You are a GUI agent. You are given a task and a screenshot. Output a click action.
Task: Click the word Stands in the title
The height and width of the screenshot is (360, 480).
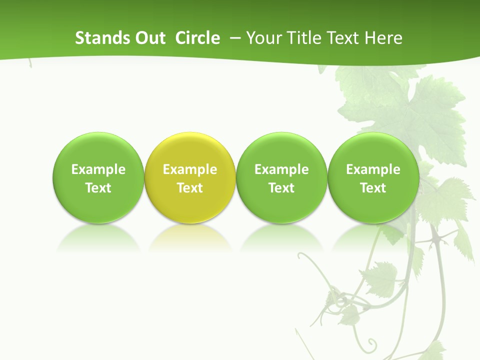[102, 38]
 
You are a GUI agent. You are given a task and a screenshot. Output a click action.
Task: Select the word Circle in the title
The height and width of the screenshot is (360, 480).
[197, 38]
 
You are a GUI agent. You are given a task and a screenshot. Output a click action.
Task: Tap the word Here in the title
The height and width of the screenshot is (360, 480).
[383, 38]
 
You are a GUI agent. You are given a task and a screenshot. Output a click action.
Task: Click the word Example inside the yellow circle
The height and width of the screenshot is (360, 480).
[190, 169]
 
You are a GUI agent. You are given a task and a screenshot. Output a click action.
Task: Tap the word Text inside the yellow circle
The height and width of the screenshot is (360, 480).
[190, 188]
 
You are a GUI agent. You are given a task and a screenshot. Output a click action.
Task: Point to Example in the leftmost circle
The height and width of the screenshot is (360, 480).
[98, 169]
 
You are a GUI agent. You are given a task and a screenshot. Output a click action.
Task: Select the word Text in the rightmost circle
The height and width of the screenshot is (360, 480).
[373, 188]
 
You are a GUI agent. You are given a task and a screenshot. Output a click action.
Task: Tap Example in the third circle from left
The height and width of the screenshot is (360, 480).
[281, 169]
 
